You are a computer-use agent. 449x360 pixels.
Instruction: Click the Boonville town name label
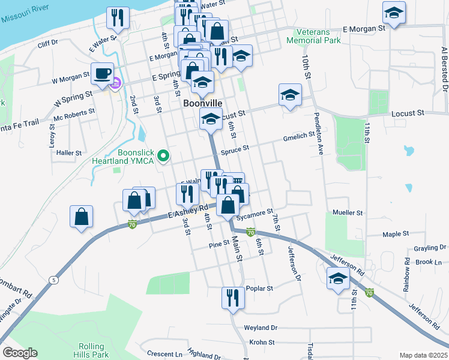[202, 104]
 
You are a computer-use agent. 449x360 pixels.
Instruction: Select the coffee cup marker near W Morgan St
[103, 73]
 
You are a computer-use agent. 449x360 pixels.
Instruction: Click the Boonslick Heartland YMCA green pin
[163, 157]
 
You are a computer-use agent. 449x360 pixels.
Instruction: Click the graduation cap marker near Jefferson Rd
[339, 278]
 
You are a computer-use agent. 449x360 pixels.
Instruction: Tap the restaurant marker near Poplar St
[233, 297]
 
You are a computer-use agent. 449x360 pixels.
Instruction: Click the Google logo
[20, 353]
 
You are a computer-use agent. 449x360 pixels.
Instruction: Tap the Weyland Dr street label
[261, 328]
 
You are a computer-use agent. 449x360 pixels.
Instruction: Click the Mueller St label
[348, 213]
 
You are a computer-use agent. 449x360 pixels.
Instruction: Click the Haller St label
[69, 153]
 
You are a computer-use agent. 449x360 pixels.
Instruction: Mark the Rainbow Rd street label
[406, 276]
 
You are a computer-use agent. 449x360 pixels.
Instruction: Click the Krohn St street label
[262, 342]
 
